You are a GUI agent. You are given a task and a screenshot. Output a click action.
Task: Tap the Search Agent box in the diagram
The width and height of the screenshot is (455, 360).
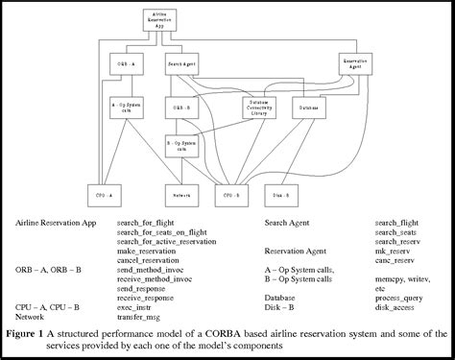181,65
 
